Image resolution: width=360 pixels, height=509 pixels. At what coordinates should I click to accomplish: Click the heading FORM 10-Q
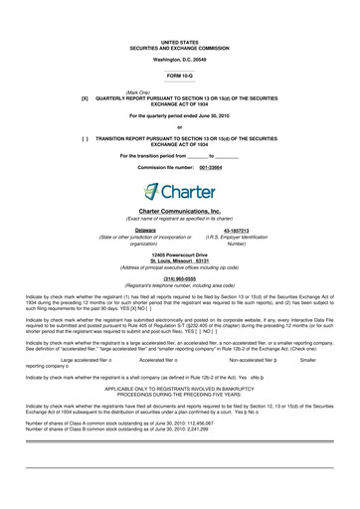(x=180, y=48)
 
